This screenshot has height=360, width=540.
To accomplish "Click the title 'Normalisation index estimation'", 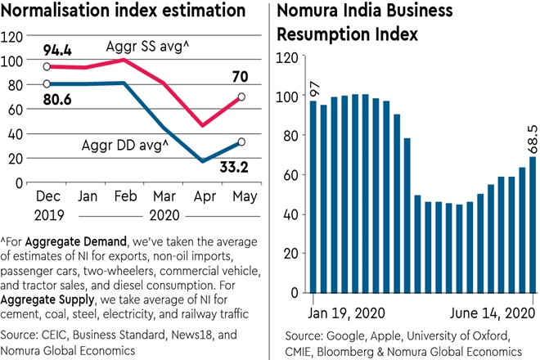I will (124, 12).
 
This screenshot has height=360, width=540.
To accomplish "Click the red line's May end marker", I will (241, 97).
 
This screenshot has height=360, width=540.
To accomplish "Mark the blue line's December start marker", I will (46, 84).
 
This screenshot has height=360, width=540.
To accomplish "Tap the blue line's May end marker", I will (241, 142).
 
